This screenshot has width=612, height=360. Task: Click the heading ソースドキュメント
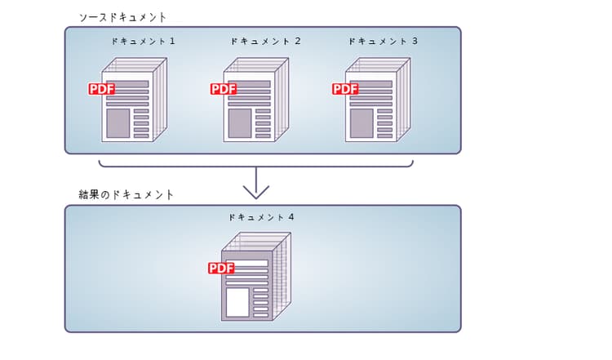(122, 16)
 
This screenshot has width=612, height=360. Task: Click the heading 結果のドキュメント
(126, 195)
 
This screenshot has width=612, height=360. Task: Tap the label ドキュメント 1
(143, 41)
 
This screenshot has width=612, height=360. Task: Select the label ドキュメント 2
(265, 41)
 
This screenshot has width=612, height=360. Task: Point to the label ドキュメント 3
(383, 41)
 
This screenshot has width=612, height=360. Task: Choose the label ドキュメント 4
(261, 218)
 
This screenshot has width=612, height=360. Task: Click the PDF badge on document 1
(101, 89)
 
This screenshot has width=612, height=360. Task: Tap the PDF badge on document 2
(224, 89)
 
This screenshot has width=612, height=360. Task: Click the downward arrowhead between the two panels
(256, 192)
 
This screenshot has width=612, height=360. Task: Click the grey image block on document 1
(118, 122)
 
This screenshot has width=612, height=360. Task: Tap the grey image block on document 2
(240, 122)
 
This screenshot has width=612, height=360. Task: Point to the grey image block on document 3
(361, 122)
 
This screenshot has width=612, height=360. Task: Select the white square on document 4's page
(237, 302)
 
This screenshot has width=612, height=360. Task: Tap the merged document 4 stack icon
(255, 278)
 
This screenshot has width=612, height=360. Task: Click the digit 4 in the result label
(290, 218)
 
